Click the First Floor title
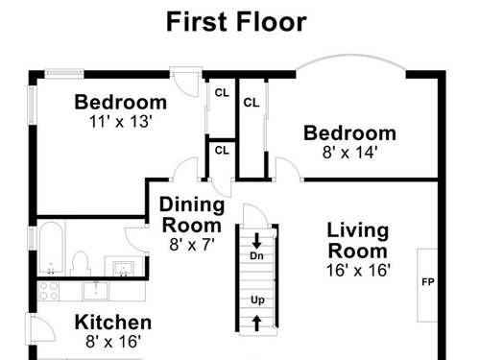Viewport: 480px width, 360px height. click(x=236, y=22)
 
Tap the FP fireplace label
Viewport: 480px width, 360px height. click(x=428, y=282)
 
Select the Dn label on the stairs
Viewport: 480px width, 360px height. click(x=256, y=255)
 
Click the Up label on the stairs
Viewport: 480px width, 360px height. click(x=257, y=300)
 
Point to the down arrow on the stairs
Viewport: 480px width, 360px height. click(x=256, y=241)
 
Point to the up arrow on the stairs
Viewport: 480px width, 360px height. click(x=256, y=323)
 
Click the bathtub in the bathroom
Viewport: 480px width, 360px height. click(x=51, y=248)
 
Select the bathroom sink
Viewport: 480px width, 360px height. click(x=124, y=268)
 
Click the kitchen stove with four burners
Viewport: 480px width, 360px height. click(x=48, y=291)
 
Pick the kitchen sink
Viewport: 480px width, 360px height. click(x=96, y=291)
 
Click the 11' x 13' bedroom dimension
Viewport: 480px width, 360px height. click(x=120, y=122)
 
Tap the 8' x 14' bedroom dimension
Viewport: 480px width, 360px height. click(x=350, y=153)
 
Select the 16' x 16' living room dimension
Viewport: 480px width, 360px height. click(x=358, y=270)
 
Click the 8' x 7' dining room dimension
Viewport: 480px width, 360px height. click(x=192, y=245)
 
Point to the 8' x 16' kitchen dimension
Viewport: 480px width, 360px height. click(x=113, y=342)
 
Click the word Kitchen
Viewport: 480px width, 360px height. click(x=113, y=323)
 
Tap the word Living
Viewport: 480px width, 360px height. click(x=358, y=231)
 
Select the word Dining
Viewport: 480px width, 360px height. click(x=192, y=205)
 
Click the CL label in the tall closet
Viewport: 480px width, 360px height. click(x=252, y=103)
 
